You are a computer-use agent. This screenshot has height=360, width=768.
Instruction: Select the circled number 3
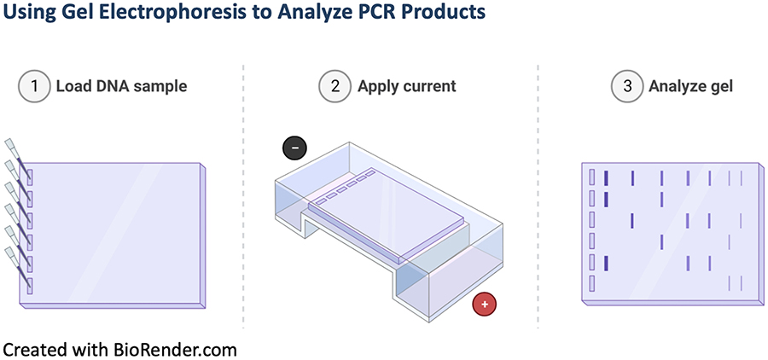point(627,86)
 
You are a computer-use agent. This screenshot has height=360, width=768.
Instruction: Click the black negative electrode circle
point(294,148)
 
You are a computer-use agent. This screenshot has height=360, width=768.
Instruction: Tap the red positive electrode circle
point(485,305)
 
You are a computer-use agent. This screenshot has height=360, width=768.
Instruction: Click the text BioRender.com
point(175,349)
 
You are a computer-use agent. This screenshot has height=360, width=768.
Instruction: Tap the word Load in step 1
point(73,86)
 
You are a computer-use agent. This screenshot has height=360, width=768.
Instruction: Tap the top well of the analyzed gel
point(591,177)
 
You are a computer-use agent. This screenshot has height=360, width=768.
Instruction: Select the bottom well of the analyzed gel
point(591,282)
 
